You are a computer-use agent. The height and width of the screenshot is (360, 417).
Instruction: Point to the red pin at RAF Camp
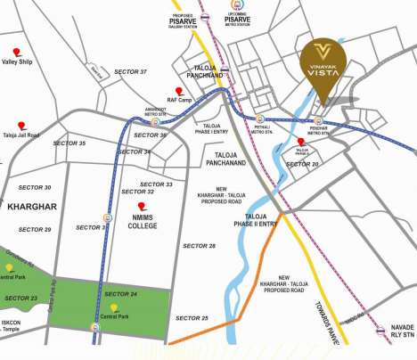point(179,91)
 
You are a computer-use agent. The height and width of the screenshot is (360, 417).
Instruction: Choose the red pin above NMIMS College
point(142,207)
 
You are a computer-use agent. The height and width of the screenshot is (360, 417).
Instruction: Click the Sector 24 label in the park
point(120,294)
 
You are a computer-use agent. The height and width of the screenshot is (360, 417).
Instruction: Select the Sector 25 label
point(192,318)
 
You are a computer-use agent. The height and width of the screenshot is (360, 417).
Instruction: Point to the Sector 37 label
point(130,71)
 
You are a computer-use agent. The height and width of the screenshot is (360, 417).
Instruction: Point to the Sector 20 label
point(303,165)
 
